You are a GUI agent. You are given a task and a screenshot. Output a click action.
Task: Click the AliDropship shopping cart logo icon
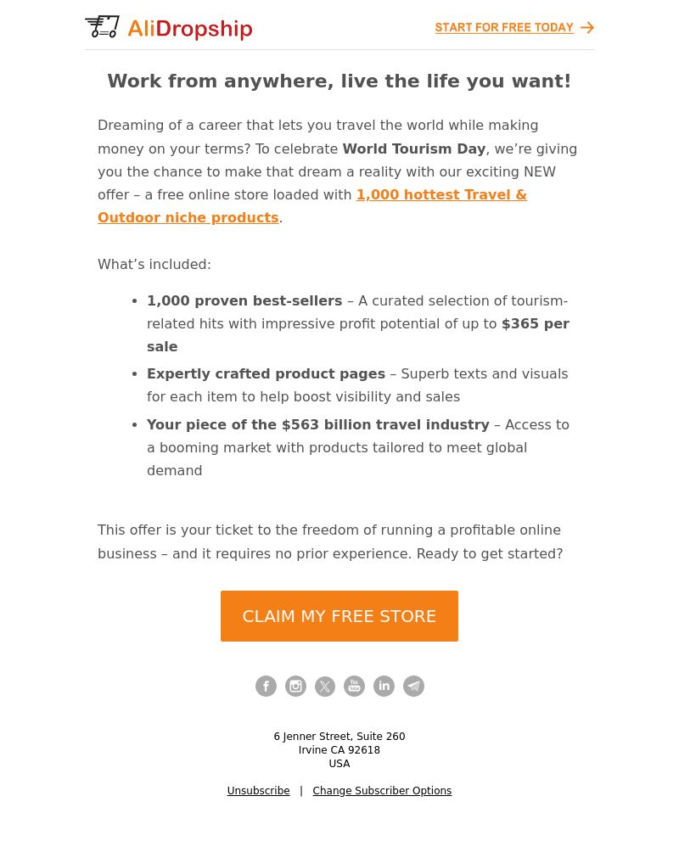click(102, 27)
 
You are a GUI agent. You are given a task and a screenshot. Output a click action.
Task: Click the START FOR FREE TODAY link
click(504, 28)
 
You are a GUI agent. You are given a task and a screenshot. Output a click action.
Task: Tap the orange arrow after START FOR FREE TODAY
click(587, 28)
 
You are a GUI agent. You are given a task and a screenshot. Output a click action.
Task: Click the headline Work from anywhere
click(339, 81)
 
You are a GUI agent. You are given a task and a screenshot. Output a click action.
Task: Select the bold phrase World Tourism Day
click(413, 149)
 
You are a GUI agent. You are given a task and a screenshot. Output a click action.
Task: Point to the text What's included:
click(154, 265)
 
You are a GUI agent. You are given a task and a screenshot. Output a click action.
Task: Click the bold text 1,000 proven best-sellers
click(244, 301)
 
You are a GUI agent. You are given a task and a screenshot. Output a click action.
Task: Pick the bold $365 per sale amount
click(535, 324)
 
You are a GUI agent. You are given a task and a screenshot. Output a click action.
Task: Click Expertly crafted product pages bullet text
click(266, 374)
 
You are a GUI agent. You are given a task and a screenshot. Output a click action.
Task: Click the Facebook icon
click(266, 687)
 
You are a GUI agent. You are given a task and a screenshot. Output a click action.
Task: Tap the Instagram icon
click(295, 687)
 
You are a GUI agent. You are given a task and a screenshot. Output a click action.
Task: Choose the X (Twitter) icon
click(325, 687)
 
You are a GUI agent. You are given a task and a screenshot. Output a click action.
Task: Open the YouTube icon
click(354, 687)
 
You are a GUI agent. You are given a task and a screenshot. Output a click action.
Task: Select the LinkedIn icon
click(384, 687)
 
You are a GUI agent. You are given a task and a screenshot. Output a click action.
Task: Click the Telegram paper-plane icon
click(413, 687)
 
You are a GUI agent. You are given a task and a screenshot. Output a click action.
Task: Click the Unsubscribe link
click(258, 791)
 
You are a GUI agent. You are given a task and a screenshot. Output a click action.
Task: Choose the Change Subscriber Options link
click(382, 791)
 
